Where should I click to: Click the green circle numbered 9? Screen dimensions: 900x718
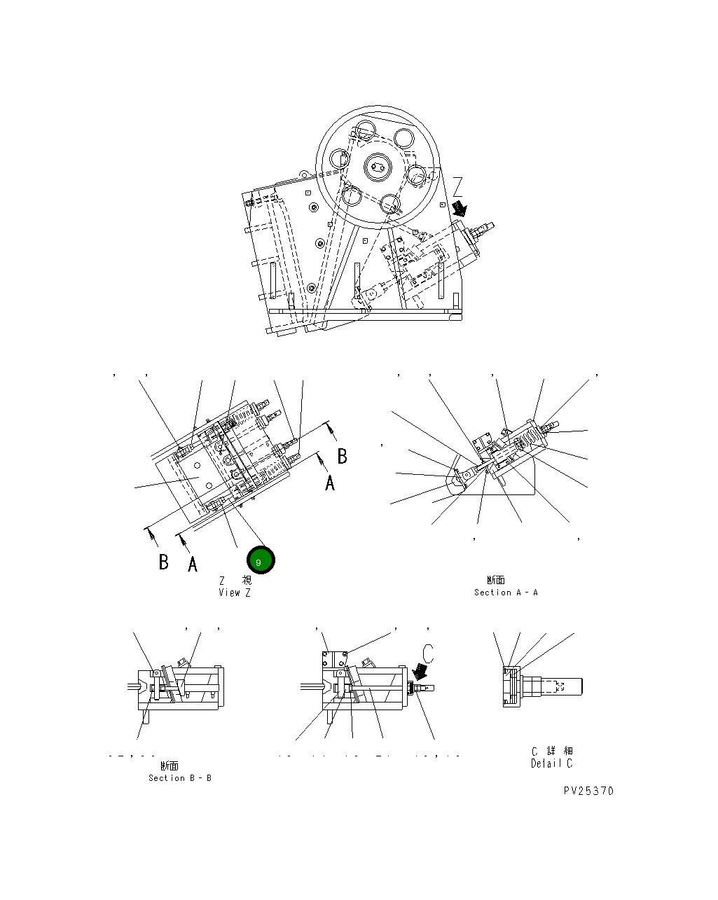pyautogui.click(x=261, y=561)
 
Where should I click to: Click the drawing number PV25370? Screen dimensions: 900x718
pyautogui.click(x=588, y=791)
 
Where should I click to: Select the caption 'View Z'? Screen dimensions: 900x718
pyautogui.click(x=234, y=593)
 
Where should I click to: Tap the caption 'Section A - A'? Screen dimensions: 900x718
pyautogui.click(x=506, y=593)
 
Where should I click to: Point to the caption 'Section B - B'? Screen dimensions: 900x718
pyautogui.click(x=179, y=778)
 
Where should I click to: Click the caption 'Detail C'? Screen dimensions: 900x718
pyautogui.click(x=551, y=763)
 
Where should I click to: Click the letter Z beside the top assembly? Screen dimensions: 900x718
pyautogui.click(x=457, y=187)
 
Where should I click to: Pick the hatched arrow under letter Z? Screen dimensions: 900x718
pyautogui.click(x=460, y=208)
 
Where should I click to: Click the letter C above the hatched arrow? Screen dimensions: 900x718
pyautogui.click(x=429, y=654)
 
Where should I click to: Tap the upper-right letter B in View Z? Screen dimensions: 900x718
pyautogui.click(x=342, y=457)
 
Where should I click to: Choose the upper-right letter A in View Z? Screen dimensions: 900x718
pyautogui.click(x=329, y=483)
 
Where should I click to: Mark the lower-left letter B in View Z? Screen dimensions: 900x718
pyautogui.click(x=163, y=562)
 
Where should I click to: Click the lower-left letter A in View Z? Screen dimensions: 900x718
pyautogui.click(x=193, y=565)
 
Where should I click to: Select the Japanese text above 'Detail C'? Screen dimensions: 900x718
pyautogui.click(x=552, y=751)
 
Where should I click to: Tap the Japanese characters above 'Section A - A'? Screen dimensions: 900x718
pyautogui.click(x=495, y=580)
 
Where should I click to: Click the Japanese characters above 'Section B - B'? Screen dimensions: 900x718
pyautogui.click(x=170, y=766)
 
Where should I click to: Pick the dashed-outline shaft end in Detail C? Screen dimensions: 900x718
pyautogui.click(x=560, y=686)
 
